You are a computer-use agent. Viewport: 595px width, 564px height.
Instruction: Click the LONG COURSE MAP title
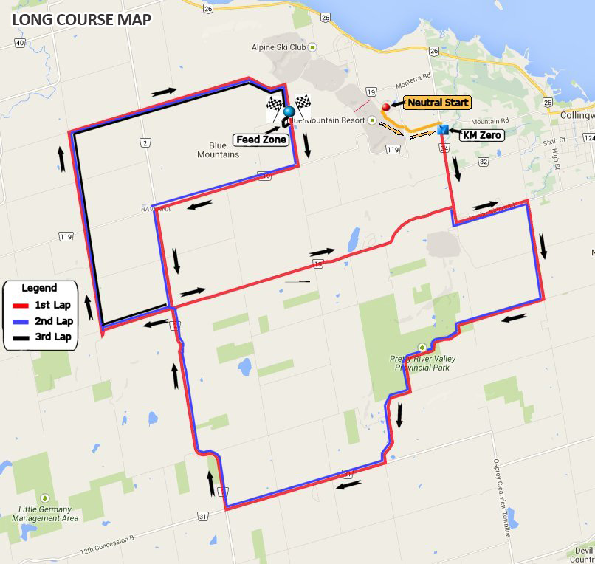(x=81, y=18)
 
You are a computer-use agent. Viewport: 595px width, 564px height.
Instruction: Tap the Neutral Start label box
(x=437, y=103)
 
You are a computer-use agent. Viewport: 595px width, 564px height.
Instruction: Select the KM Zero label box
(x=481, y=135)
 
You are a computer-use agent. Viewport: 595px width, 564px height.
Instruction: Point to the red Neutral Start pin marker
(x=385, y=106)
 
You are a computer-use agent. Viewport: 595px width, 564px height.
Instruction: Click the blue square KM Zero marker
(x=443, y=130)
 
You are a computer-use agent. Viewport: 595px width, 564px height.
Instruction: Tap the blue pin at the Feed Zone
(x=288, y=113)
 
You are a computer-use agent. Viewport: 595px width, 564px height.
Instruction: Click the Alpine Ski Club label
(x=278, y=47)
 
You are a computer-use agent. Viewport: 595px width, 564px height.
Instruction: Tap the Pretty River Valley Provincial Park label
(x=423, y=362)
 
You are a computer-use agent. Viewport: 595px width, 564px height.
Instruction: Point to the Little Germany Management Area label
(x=46, y=514)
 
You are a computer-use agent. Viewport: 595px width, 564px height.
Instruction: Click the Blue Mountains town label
(x=218, y=150)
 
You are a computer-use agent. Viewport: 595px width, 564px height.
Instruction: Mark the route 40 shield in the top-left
(x=19, y=43)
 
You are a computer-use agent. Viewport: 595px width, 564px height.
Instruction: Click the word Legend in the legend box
(x=39, y=288)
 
